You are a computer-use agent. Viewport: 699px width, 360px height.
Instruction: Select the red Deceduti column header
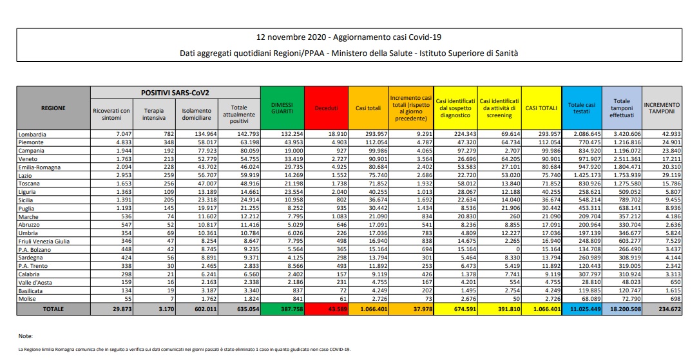click(x=326, y=108)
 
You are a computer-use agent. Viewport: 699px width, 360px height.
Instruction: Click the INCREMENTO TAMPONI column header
click(x=661, y=108)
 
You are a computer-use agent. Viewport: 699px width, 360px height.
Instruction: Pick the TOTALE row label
click(x=53, y=309)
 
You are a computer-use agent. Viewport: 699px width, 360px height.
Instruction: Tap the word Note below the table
click(x=26, y=336)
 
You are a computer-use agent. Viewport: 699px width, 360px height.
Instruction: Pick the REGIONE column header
click(x=53, y=108)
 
